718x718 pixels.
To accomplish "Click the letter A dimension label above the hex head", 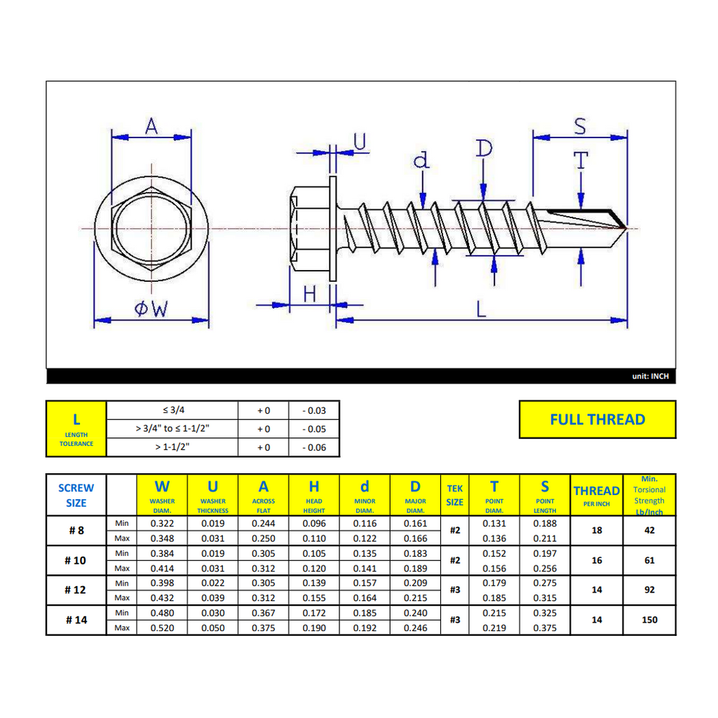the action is (151, 126).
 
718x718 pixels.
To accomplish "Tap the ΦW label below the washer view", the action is (151, 309).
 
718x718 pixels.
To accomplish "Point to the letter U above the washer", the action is (360, 142).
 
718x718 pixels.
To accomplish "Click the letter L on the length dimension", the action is (481, 309).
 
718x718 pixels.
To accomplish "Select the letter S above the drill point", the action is (580, 126).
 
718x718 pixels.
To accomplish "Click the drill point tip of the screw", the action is (626, 228).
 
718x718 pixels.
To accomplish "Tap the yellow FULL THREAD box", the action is (597, 419).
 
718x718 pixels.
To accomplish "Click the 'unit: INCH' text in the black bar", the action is (650, 376).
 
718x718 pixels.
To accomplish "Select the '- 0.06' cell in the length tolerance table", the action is (314, 447).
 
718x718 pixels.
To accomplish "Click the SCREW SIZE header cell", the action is (76, 495).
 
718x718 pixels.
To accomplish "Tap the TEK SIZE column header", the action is (454, 495).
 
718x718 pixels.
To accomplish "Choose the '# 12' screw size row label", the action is (76, 590).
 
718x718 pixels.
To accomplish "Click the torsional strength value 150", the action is (649, 620).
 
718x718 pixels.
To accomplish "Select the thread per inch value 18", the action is (597, 530).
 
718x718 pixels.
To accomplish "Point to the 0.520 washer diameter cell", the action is (162, 628).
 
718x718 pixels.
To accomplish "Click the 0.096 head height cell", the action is (314, 523).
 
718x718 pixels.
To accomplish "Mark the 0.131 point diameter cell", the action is (494, 523).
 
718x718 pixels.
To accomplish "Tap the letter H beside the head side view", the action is (310, 294).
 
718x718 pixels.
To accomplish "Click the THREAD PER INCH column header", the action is (597, 495).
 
